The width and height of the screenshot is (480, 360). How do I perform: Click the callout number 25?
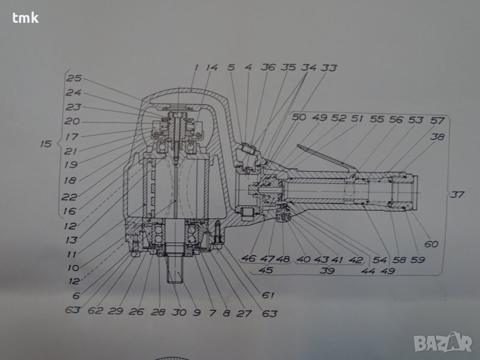coord(74,79)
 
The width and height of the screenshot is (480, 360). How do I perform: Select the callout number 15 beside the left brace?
coord(46,143)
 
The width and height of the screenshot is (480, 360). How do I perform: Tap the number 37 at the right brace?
coord(457,194)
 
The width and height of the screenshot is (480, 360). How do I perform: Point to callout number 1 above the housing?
coord(196,67)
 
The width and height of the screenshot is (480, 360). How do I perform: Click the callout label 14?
coord(212,67)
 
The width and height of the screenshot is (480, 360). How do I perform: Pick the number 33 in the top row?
coord(328,67)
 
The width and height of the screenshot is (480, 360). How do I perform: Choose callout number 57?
coord(437,121)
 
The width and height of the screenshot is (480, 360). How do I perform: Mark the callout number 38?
coord(437,137)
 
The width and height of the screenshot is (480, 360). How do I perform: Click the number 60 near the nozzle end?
coord(431,244)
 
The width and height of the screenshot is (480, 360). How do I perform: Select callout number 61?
coord(268,295)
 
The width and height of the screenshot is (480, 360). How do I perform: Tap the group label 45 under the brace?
coord(265,271)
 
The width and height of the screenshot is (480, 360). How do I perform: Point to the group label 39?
coord(327,271)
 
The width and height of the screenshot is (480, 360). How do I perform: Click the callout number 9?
coord(197,312)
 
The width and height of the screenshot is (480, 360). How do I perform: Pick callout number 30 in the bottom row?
coord(179,312)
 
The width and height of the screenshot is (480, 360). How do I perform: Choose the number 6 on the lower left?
coord(76,295)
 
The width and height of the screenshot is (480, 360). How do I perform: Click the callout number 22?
coord(69,197)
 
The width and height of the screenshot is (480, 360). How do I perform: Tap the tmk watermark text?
coord(25,18)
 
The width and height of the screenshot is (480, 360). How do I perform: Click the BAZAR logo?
coord(443,343)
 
